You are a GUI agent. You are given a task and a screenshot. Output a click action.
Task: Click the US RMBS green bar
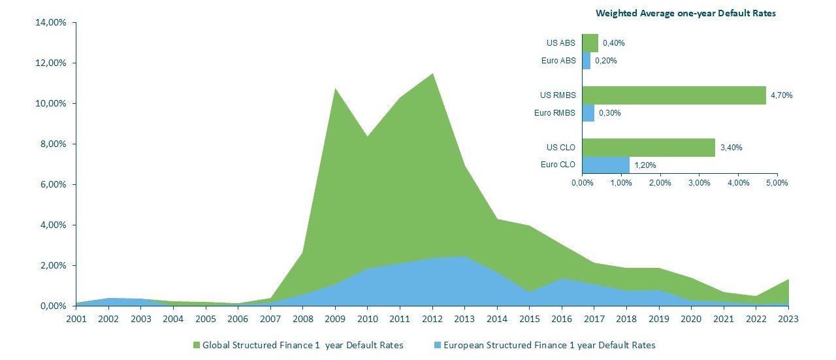click(673, 95)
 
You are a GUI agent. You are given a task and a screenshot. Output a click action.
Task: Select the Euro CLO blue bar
click(605, 165)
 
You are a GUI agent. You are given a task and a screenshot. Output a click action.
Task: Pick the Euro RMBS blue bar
click(588, 112)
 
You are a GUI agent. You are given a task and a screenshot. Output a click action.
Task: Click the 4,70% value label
click(781, 95)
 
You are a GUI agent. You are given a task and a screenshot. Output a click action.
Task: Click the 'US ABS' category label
click(561, 43)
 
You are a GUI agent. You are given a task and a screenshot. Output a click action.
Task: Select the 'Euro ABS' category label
click(559, 61)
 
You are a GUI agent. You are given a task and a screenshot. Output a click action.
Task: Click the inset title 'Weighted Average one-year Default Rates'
click(685, 13)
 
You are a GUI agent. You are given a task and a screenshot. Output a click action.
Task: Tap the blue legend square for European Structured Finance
click(437, 345)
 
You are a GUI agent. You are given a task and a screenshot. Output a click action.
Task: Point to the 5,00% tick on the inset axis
click(777, 183)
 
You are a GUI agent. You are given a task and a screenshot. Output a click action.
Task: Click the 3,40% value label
click(731, 148)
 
